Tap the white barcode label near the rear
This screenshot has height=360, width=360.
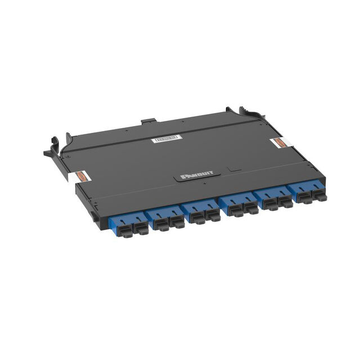point(166,138)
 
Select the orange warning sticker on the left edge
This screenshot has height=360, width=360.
point(82,176)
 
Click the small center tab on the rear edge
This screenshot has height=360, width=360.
point(148,120)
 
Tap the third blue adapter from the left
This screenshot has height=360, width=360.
point(201,213)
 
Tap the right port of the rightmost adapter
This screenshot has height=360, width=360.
point(319,196)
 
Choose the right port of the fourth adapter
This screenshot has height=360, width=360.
point(250,209)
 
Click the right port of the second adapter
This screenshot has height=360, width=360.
point(177,222)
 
